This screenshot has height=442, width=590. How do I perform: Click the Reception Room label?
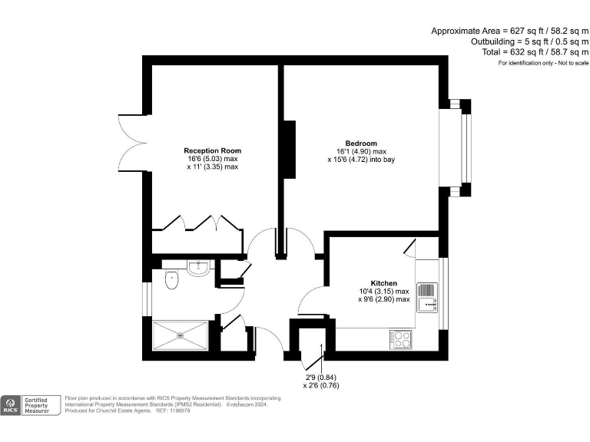coord(212,150)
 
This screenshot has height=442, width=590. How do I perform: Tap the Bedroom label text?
coord(361,143)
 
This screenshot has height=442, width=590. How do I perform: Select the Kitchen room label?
coord(383,283)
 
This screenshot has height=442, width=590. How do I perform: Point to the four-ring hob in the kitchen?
coord(400,338)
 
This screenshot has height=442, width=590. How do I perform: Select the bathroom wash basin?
coord(198,268)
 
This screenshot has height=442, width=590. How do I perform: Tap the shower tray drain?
coord(181,335)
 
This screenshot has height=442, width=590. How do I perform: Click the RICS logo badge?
coord(12,405)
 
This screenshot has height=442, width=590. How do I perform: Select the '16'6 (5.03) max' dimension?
coord(212,158)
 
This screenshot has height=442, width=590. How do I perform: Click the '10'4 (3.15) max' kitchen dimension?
coord(383,291)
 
